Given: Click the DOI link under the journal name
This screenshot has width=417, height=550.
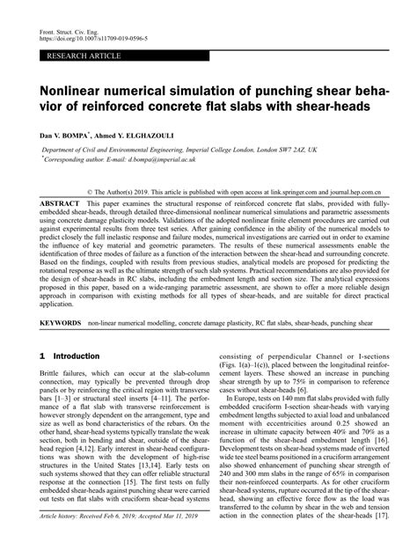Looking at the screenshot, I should click(96, 39).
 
